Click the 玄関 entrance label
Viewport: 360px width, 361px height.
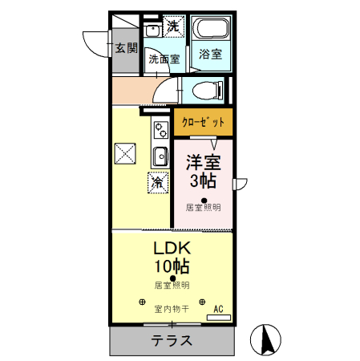(126, 47)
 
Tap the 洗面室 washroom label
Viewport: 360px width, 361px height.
(164, 59)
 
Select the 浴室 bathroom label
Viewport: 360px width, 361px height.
(212, 54)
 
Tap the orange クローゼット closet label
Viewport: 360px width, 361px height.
(203, 122)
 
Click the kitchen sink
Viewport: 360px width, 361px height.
(160, 155)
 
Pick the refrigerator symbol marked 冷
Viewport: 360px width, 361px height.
(157, 182)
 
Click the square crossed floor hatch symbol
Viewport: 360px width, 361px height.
(125, 152)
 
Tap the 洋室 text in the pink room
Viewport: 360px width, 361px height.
(204, 161)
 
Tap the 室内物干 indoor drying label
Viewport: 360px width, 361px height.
(172, 308)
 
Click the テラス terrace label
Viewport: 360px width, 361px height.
(172, 340)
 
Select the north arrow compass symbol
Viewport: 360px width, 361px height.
(268, 342)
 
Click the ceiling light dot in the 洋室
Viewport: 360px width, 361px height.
(204, 200)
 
